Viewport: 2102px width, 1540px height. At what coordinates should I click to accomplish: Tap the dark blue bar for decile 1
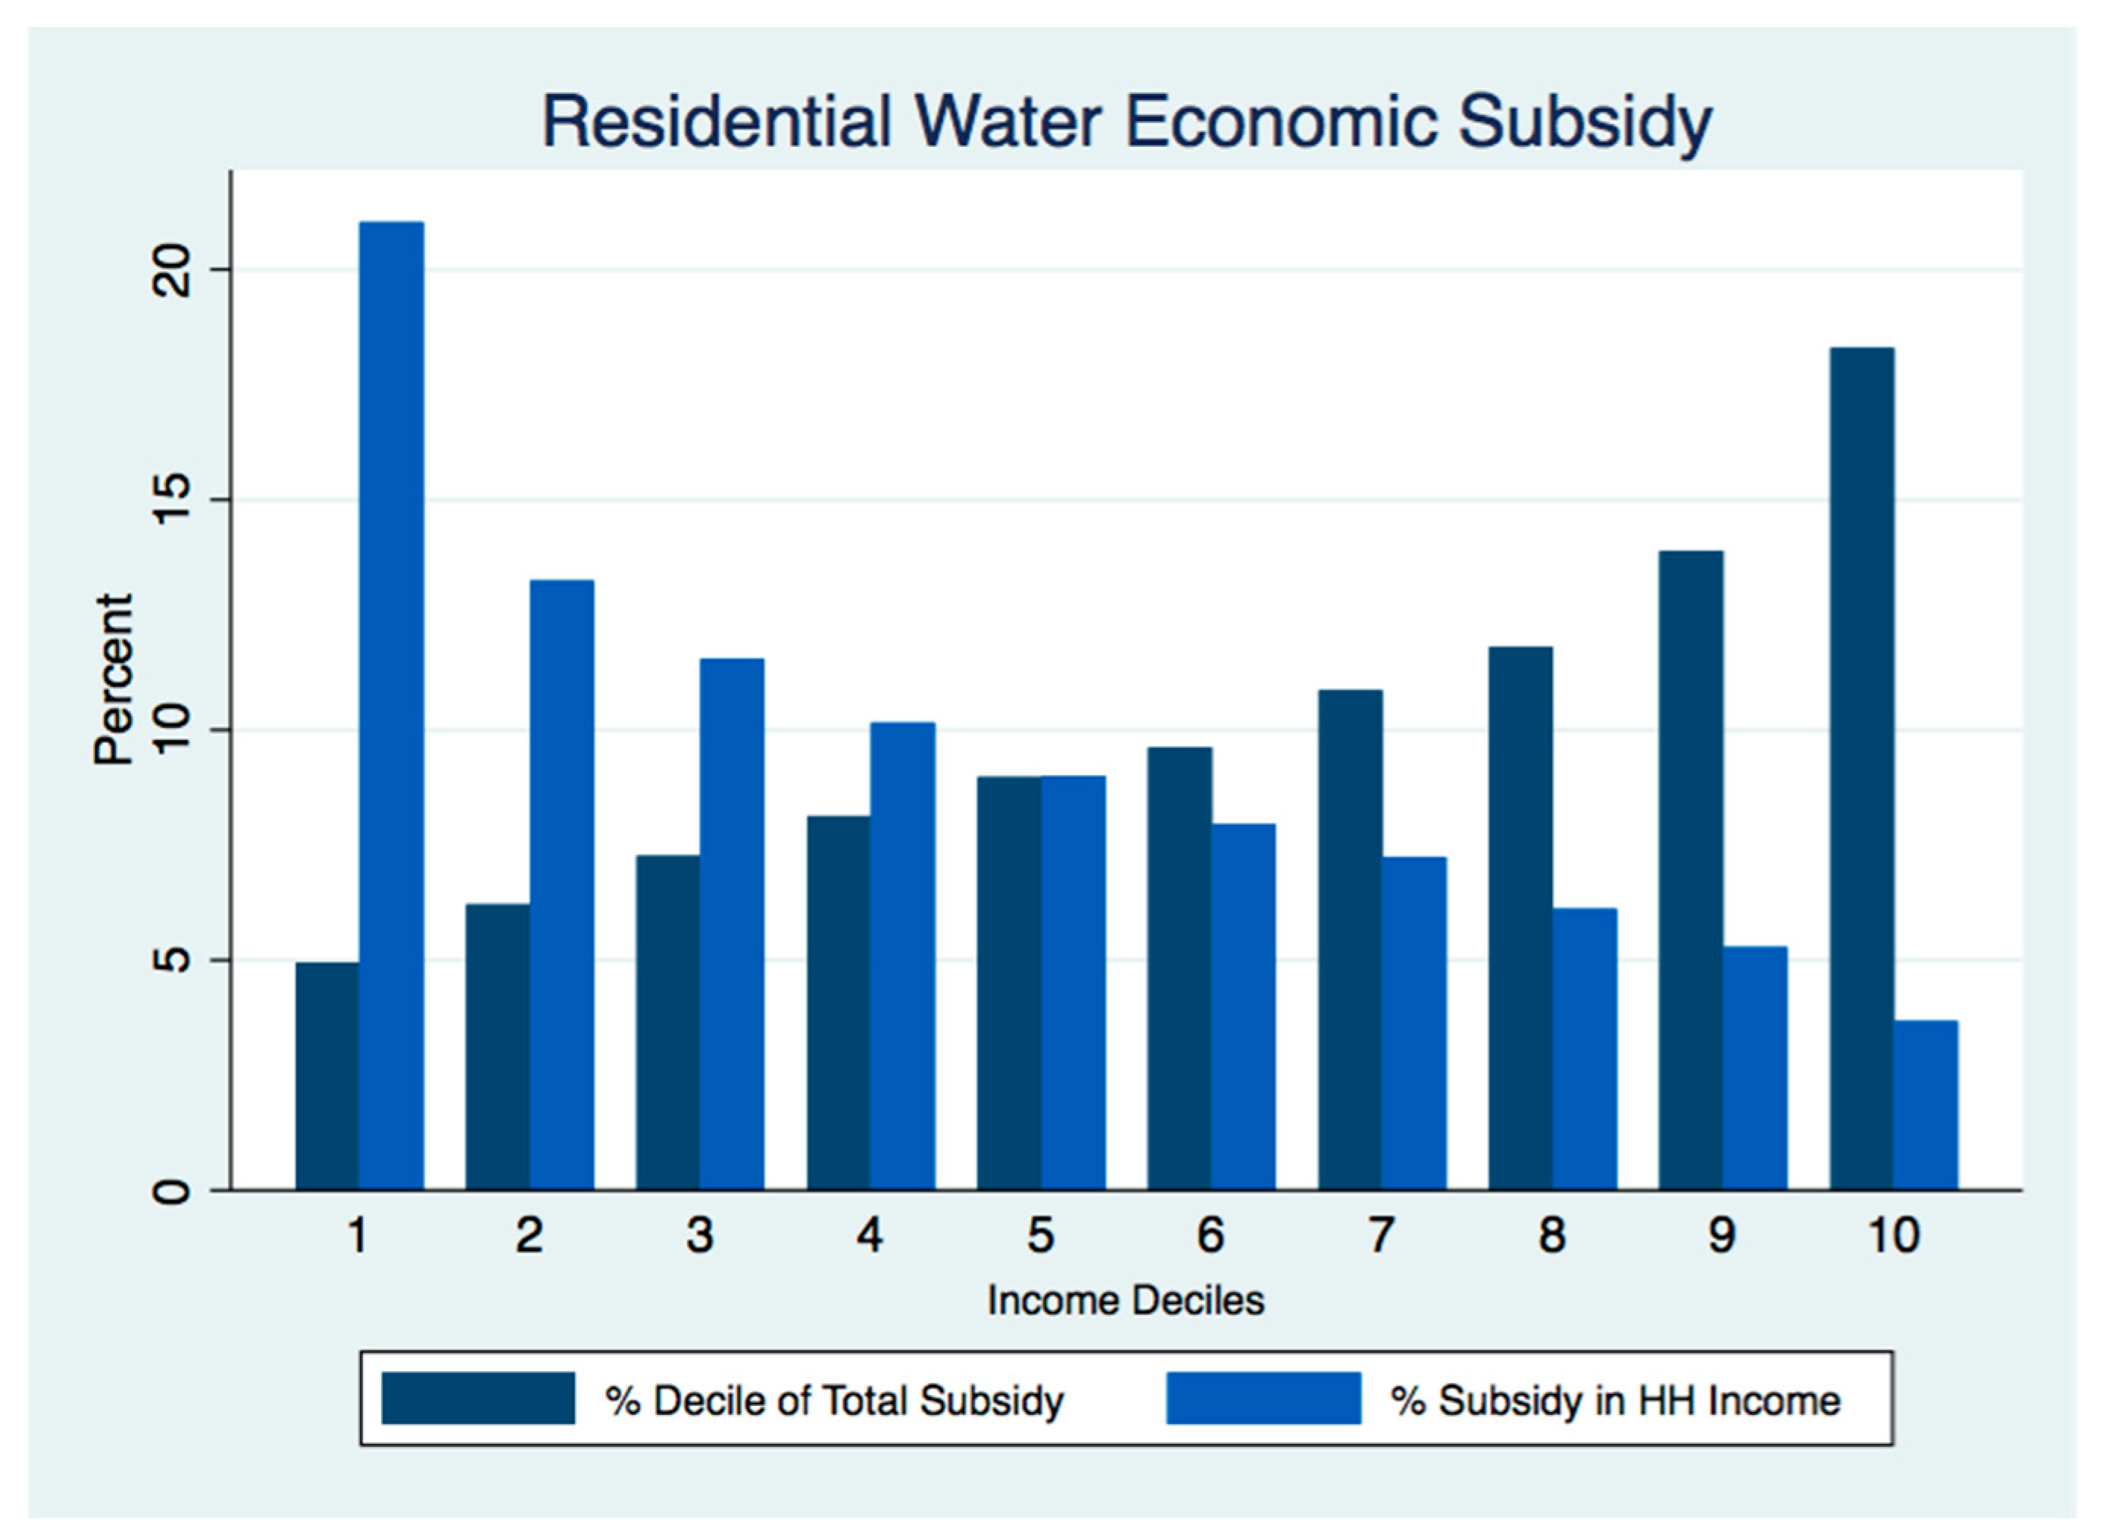327,1076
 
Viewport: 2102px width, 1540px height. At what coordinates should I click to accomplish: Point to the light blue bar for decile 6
1244,1006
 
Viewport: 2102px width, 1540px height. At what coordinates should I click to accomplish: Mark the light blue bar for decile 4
902,955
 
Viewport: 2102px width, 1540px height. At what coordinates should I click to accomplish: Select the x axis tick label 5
1040,1236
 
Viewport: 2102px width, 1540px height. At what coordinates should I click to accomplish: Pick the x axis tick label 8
1551,1236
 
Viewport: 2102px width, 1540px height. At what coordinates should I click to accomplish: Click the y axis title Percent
114,679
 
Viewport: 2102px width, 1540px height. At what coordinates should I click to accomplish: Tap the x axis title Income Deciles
1125,1301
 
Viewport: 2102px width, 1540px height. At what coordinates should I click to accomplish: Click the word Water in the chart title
1009,121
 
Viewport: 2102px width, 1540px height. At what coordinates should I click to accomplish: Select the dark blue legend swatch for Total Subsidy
477,1398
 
